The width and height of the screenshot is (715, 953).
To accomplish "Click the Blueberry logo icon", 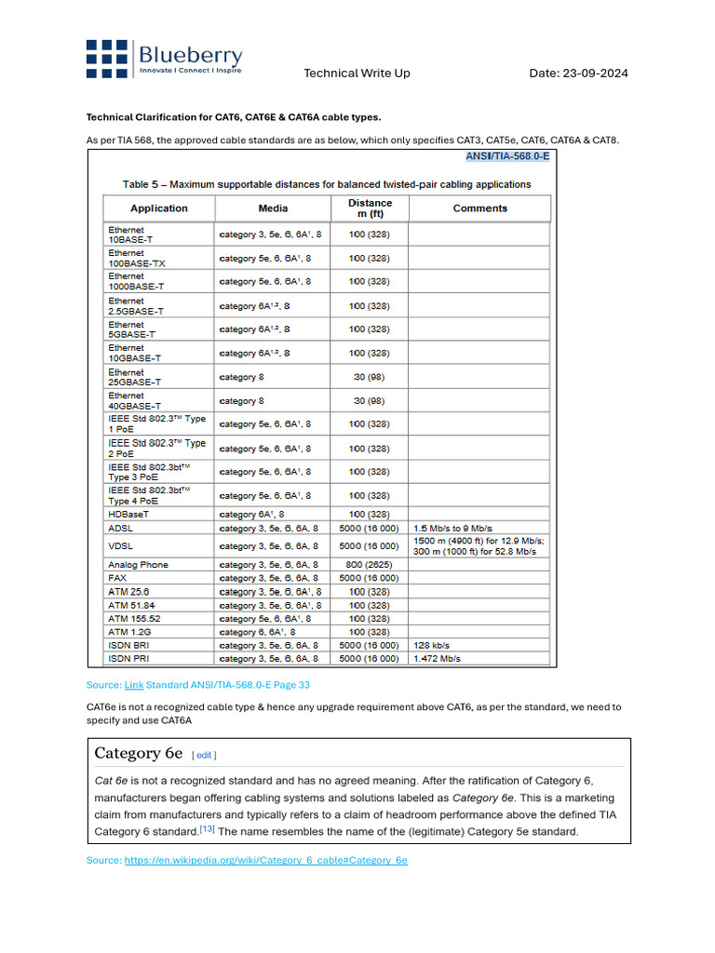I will click(107, 58).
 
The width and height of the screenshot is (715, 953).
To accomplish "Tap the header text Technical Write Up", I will click(357, 74).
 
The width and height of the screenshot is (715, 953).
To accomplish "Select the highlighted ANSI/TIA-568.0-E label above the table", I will click(507, 155).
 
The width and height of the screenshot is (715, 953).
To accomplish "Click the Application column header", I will click(158, 208).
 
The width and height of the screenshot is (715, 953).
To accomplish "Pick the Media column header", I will click(273, 208).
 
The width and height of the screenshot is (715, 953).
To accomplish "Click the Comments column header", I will click(479, 208).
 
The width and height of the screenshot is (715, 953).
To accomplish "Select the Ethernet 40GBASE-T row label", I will click(135, 401).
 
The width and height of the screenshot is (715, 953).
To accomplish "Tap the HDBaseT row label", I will click(128, 514).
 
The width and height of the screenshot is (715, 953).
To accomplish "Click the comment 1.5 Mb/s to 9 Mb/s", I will click(453, 528).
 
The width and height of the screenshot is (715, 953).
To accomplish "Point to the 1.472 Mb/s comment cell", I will click(437, 658).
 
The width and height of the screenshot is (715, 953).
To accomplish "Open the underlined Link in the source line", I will click(134, 685).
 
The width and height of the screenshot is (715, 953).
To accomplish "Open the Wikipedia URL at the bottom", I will click(265, 861).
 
